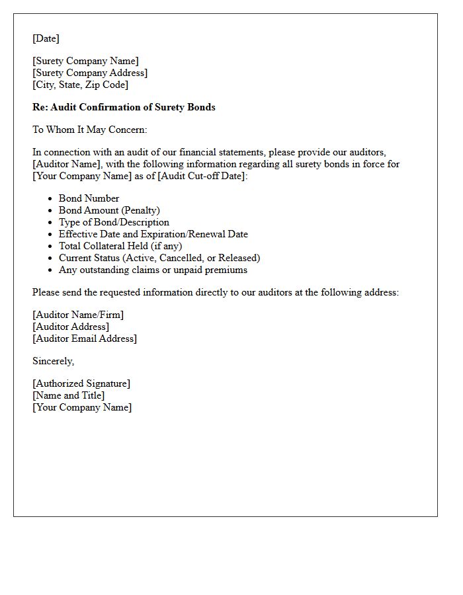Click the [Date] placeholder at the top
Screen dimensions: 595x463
click(46, 38)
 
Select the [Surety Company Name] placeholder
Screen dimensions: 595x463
click(86, 61)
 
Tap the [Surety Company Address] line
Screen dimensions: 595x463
click(90, 73)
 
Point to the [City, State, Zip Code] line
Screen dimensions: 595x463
click(81, 85)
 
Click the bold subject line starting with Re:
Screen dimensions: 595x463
click(124, 107)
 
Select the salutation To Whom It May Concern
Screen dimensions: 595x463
click(90, 130)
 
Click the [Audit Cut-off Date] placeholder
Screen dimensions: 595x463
click(202, 176)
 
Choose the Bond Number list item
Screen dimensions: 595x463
click(89, 198)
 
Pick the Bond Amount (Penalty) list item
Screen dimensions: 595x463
click(109, 210)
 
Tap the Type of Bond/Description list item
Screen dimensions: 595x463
click(114, 222)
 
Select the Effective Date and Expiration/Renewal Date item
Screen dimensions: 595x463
click(153, 234)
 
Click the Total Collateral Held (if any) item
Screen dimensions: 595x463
click(120, 246)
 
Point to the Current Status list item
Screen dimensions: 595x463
click(159, 258)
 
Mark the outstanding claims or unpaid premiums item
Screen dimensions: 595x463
click(153, 270)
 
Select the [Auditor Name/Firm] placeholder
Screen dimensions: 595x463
click(78, 315)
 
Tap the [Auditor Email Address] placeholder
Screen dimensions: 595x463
click(85, 338)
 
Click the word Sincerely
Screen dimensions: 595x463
click(54, 361)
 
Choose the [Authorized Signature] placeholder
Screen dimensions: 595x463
click(81, 383)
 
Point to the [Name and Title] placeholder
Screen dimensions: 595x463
click(69, 395)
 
